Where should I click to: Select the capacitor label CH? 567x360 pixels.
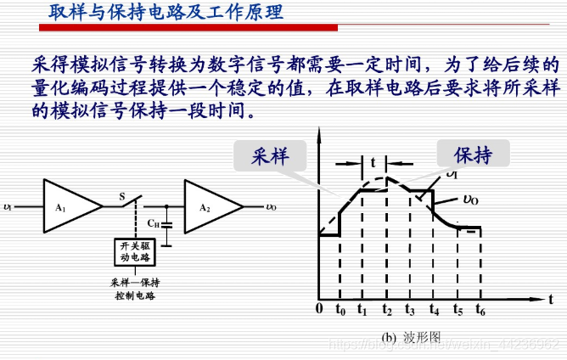tap(154, 224)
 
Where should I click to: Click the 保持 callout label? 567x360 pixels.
tap(474, 155)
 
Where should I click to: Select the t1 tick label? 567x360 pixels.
tap(362, 310)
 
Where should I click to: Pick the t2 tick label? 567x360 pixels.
tap(386, 310)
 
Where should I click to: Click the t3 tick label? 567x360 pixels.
tap(410, 310)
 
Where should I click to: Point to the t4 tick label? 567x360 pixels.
tap(434, 310)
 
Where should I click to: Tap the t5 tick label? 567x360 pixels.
tap(458, 310)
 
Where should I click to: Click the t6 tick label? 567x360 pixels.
tap(480, 310)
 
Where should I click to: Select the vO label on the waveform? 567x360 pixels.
tap(469, 200)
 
